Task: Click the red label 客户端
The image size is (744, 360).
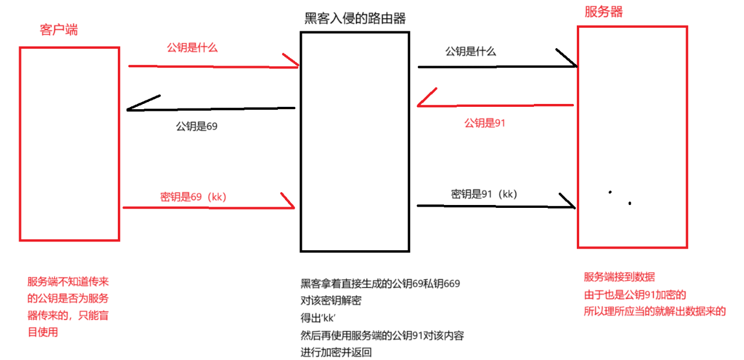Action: (59, 30)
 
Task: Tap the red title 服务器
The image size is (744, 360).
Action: (604, 12)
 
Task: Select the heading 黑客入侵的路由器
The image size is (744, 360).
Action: (355, 19)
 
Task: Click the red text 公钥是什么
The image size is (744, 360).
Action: (192, 48)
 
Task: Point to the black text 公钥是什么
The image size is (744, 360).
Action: (471, 51)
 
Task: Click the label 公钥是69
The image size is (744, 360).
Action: (197, 125)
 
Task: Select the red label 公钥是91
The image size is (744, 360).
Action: (485, 123)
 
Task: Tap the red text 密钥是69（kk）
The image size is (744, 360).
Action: (193, 196)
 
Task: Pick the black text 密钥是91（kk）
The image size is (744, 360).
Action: (484, 194)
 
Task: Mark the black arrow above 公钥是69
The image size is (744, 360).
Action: (211, 109)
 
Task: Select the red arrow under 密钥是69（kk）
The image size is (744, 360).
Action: (209, 207)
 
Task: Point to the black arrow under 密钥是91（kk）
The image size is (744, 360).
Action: (496, 206)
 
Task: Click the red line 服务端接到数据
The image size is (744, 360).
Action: (619, 277)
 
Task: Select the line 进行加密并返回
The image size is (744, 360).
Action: (336, 352)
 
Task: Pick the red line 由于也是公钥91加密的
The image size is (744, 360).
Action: (635, 294)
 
